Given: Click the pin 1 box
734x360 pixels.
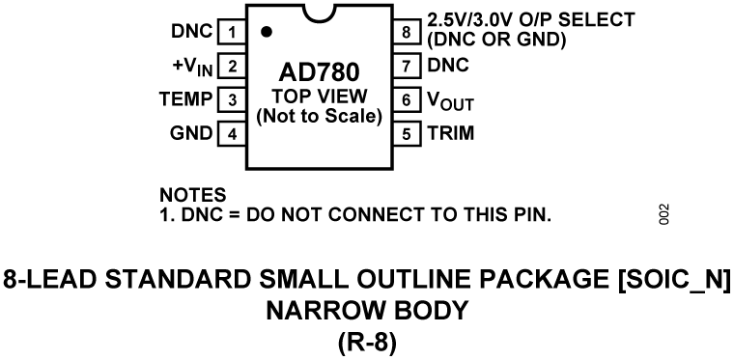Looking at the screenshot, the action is (x=233, y=32).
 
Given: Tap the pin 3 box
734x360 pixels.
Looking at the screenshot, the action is (x=233, y=99).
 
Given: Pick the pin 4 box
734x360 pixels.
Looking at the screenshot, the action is (x=233, y=133).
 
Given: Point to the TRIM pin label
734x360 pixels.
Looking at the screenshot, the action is (x=452, y=133).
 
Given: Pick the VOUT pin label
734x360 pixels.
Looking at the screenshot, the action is (x=451, y=100).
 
